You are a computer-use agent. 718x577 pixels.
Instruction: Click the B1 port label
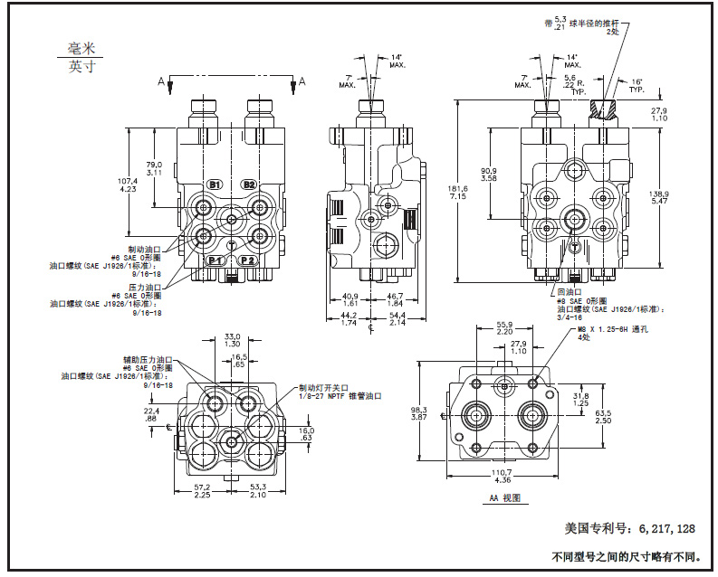(x=215, y=184)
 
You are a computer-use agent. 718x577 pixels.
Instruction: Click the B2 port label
(x=249, y=184)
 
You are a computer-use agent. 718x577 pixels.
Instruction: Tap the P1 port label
(x=215, y=260)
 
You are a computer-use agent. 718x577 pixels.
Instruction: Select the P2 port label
(x=249, y=260)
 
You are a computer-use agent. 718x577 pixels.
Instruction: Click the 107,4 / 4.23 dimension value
(x=128, y=184)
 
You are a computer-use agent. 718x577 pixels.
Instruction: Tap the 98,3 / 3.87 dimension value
(x=418, y=411)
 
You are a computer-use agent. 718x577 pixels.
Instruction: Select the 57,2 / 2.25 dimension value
(x=203, y=491)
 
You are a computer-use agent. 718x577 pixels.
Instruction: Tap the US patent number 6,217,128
(x=629, y=527)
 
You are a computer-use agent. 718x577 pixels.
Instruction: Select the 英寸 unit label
(x=81, y=67)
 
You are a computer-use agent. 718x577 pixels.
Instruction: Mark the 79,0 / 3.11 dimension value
(x=155, y=167)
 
